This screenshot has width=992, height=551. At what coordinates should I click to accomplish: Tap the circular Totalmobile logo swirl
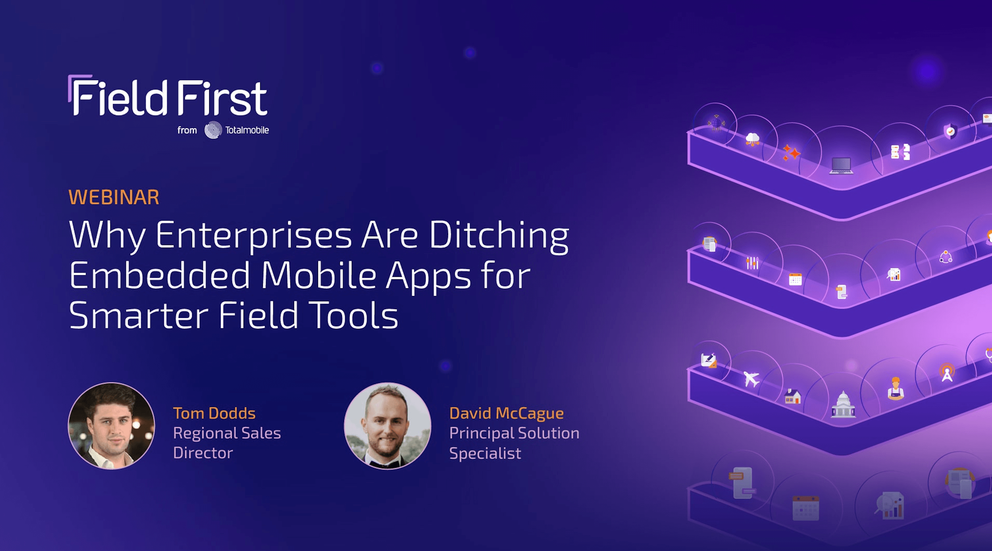point(213,130)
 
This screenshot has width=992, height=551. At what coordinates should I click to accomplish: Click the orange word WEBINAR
point(114,197)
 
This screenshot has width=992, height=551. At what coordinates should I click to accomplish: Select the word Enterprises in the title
point(254,235)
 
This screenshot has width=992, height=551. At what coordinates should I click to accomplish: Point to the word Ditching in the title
point(499,235)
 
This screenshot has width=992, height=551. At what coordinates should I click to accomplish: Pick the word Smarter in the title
point(139,315)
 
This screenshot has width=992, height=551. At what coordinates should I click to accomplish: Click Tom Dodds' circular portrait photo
point(111,426)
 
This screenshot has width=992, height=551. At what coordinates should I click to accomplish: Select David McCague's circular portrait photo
point(387,426)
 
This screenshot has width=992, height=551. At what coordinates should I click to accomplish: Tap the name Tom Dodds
point(214,413)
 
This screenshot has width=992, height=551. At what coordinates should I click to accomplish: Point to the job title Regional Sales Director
point(227,443)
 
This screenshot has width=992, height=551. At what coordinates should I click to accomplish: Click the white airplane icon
point(751,379)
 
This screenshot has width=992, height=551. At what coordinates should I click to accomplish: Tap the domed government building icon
point(843,405)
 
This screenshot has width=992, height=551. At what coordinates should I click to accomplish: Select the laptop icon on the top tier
point(841,166)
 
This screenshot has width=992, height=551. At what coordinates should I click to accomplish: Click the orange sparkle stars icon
point(792,153)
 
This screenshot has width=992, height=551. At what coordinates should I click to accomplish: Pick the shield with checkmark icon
point(950,132)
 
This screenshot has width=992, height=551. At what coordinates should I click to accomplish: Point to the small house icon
point(793,396)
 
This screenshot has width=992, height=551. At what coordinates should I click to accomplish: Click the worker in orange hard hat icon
point(896,388)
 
